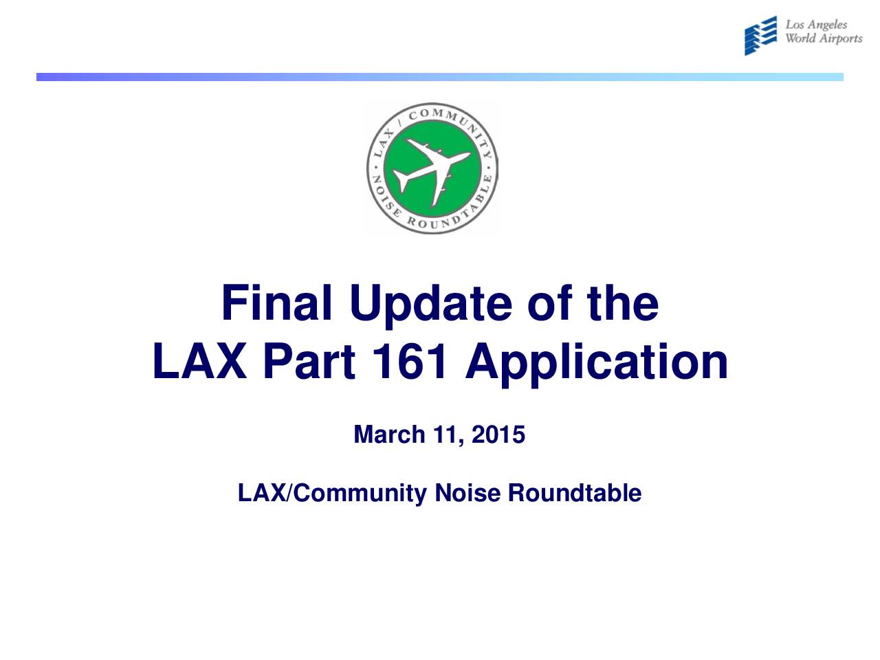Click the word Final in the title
click(276, 303)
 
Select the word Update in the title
click(430, 307)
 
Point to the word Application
click(596, 365)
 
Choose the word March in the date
click(389, 434)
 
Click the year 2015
click(498, 434)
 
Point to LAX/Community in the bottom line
click(332, 494)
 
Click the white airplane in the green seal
click(432, 170)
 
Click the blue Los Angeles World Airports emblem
click(760, 36)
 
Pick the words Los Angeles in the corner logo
click(816, 25)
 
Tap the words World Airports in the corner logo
click(824, 38)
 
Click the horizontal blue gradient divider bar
click(440, 77)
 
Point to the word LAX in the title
click(199, 361)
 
